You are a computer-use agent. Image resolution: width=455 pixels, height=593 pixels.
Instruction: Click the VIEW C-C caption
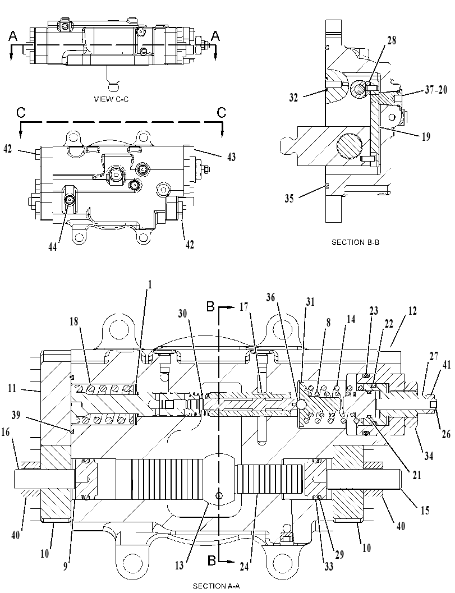tap(111, 99)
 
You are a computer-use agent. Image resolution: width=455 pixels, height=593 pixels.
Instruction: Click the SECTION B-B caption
tap(355, 242)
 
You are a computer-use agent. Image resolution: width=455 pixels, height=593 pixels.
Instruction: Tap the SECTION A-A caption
tap(216, 586)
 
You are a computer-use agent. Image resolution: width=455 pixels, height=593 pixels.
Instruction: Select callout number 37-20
tap(436, 89)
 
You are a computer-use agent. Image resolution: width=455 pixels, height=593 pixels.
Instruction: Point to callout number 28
tap(392, 40)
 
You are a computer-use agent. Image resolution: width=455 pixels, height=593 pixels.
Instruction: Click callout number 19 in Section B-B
tap(426, 136)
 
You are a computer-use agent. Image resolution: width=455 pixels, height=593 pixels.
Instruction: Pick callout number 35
tap(289, 199)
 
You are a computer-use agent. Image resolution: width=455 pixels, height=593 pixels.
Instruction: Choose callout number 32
tap(293, 98)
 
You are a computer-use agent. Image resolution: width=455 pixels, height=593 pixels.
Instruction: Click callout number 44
tap(53, 247)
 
